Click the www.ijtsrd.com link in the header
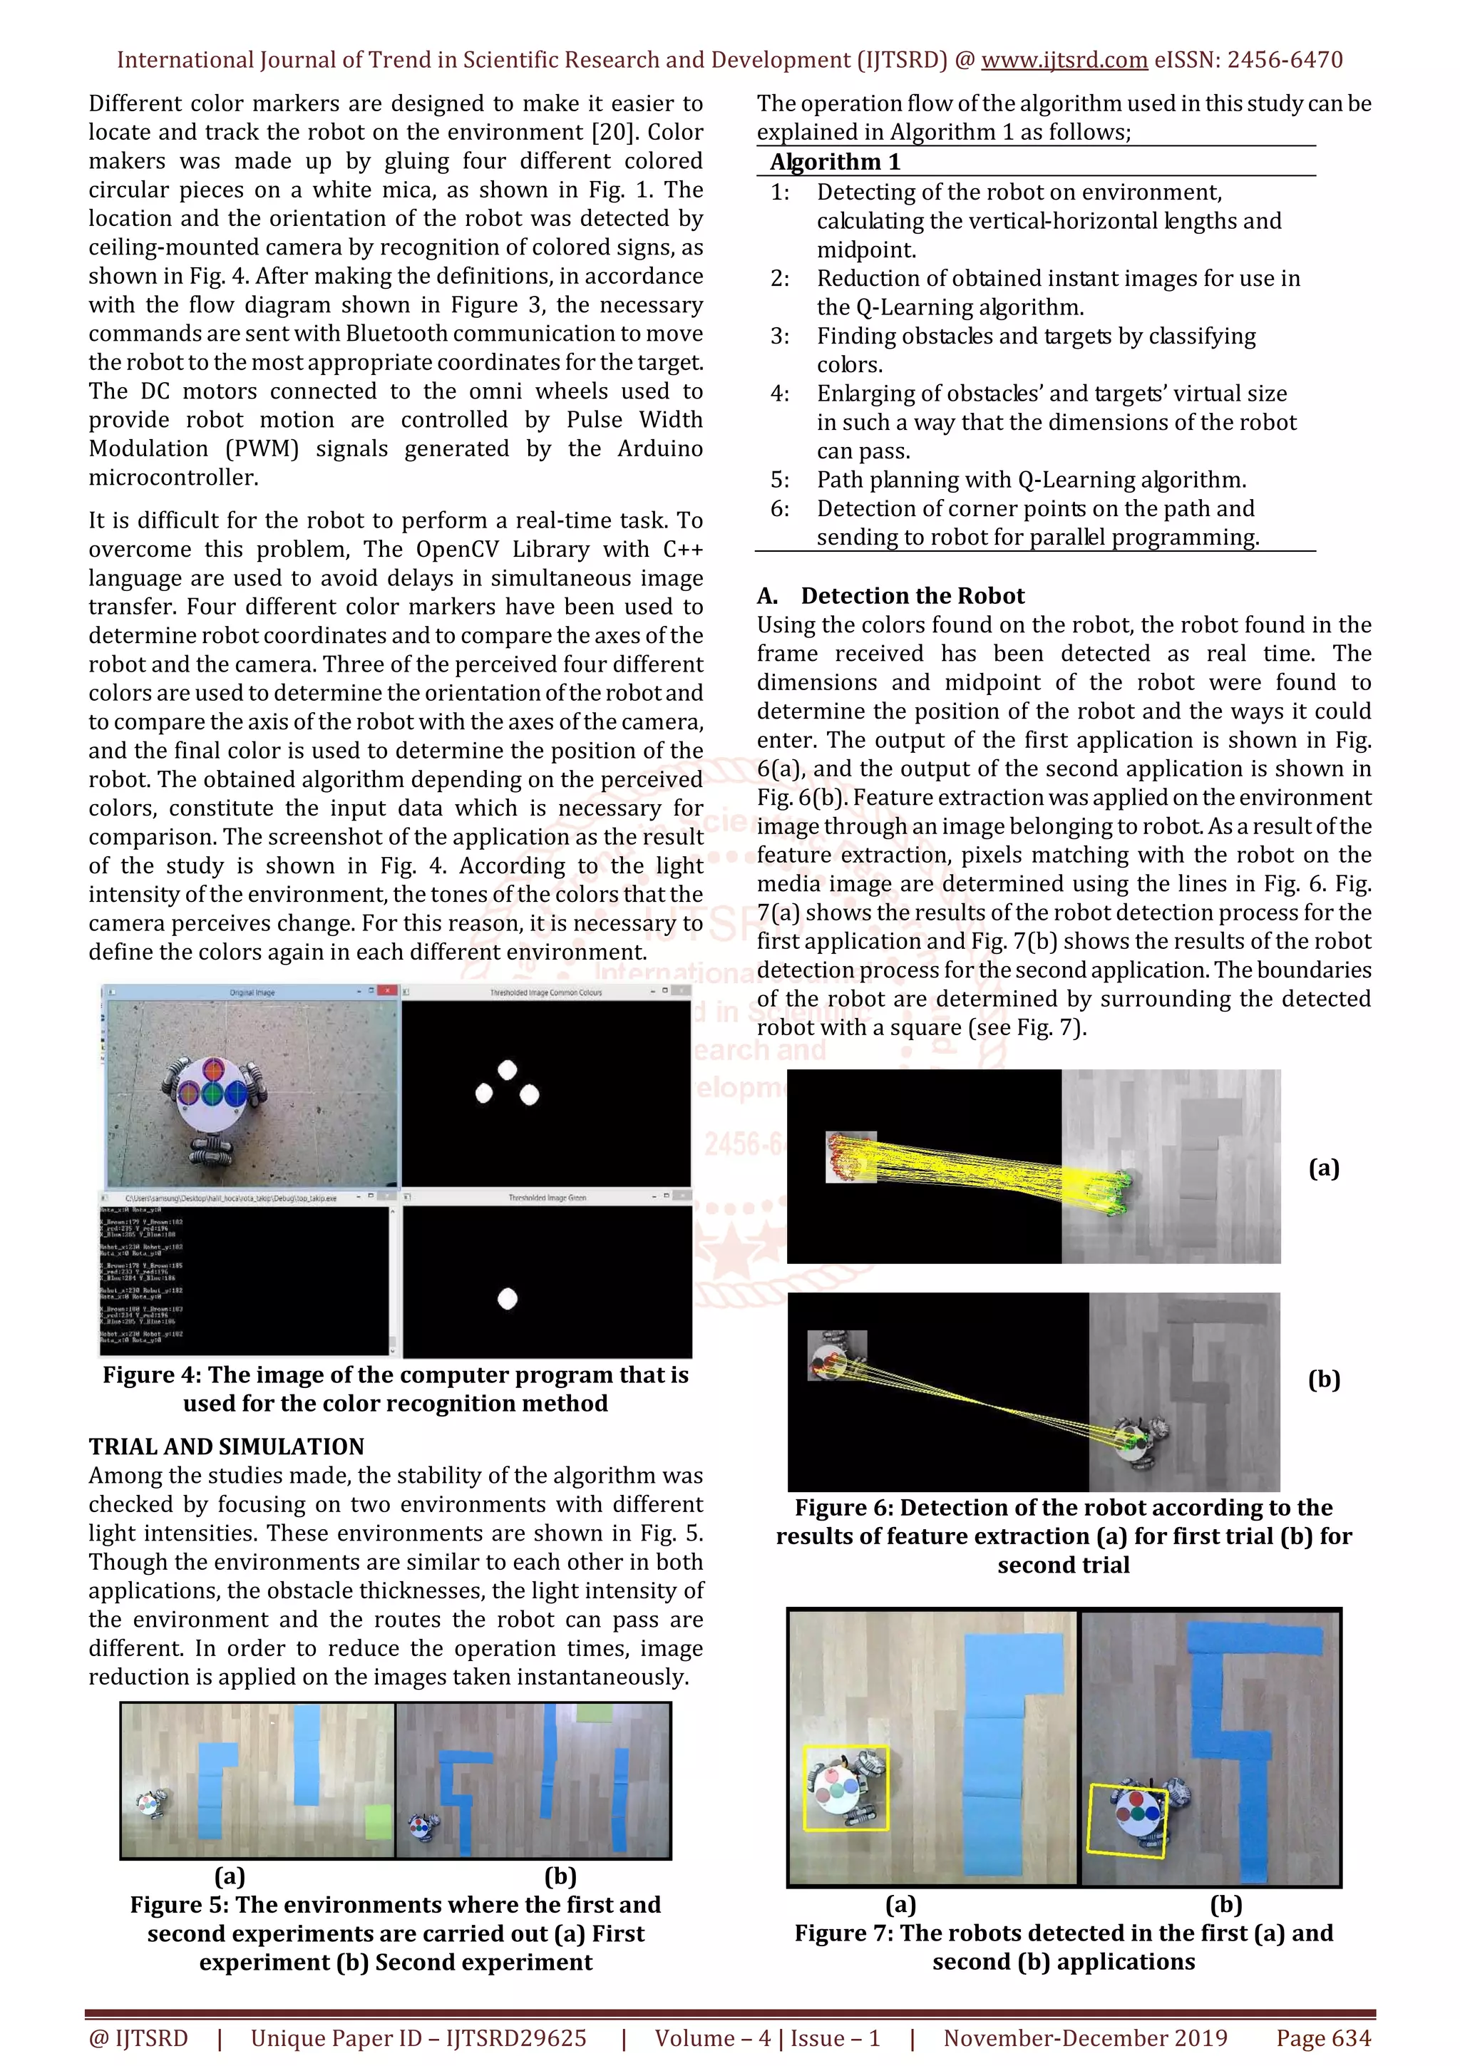(x=1064, y=61)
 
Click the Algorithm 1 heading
(x=834, y=162)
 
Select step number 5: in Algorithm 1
(x=779, y=480)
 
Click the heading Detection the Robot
(x=912, y=596)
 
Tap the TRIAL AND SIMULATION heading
(x=226, y=1446)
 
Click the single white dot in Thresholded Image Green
(x=508, y=1298)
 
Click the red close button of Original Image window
(x=387, y=991)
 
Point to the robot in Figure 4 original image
(x=212, y=1095)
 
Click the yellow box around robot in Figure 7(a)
(x=845, y=1790)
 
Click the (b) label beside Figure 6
(x=1323, y=1379)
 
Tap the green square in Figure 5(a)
(x=379, y=1821)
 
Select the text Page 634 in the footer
(x=1322, y=2038)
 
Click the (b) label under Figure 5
(x=560, y=1876)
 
